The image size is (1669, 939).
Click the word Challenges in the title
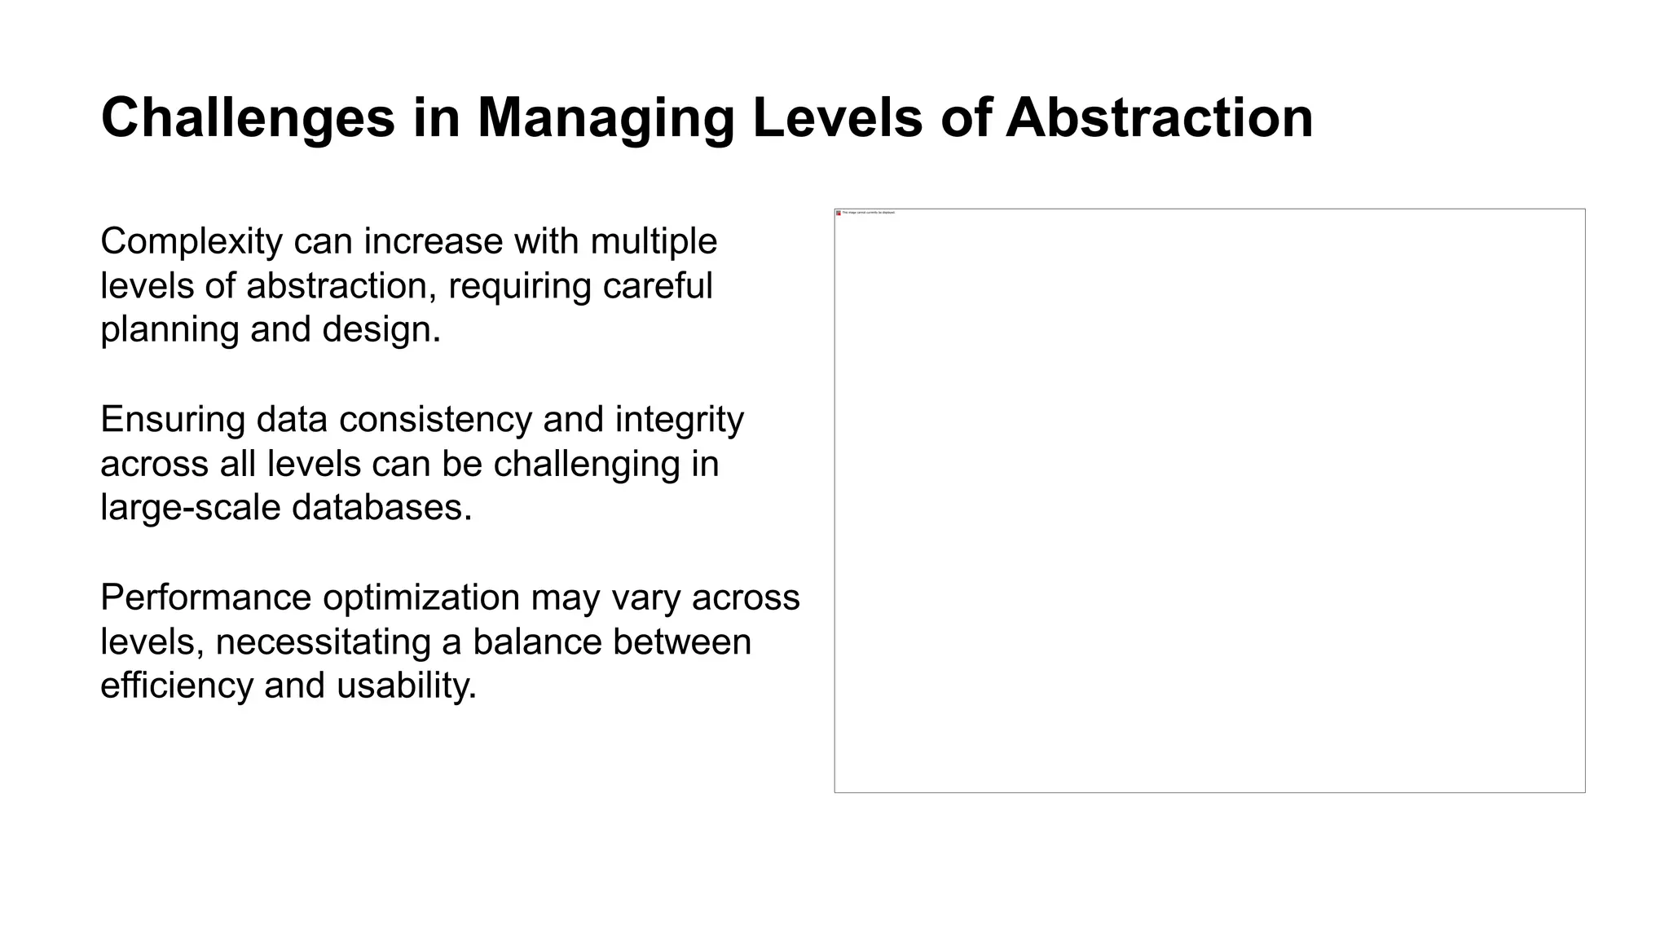pos(248,119)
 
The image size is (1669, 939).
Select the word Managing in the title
pos(606,119)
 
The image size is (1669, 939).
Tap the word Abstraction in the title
pos(1159,119)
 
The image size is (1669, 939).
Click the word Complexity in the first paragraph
pos(192,242)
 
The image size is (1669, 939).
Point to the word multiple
pos(654,242)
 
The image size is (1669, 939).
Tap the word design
pos(381,330)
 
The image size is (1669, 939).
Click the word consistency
pos(436,420)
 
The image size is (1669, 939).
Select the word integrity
pos(679,420)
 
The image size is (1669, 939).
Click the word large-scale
pos(191,508)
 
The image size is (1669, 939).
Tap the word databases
pos(381,508)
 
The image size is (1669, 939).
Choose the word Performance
pos(205,597)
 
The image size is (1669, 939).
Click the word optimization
pos(421,598)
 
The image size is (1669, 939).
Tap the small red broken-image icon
pos(839,213)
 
